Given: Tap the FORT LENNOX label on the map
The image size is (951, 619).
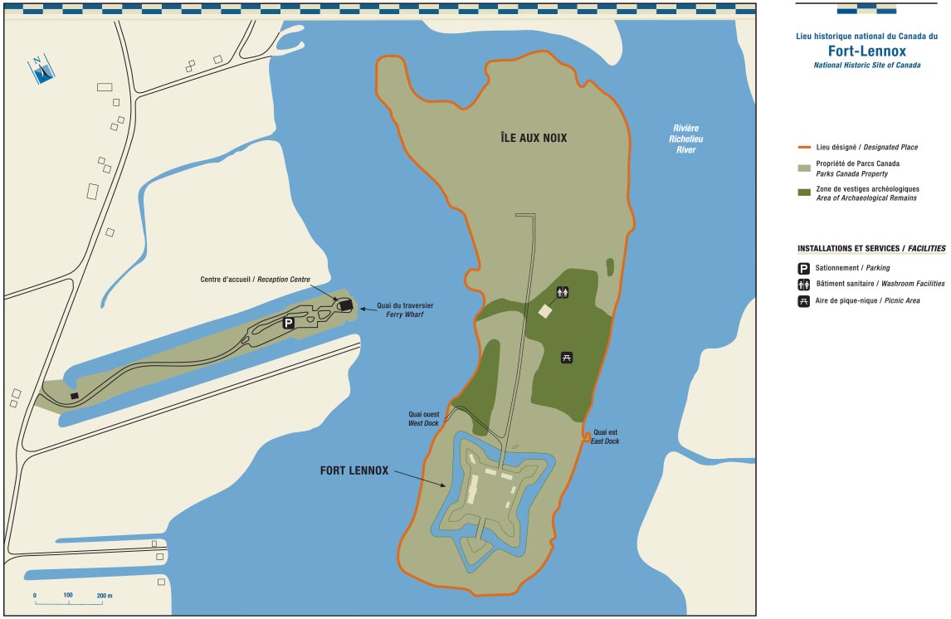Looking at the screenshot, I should tap(354, 470).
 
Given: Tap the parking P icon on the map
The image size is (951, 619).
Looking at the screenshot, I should tap(289, 323).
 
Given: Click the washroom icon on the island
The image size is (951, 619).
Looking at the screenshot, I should tap(563, 292).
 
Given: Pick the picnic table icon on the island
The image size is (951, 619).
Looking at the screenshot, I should tap(568, 358).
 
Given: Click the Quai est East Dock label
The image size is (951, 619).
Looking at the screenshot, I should tap(605, 436).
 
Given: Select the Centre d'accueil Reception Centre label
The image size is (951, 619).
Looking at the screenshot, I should tap(255, 280).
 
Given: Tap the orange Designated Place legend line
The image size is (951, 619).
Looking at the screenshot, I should tap(803, 148).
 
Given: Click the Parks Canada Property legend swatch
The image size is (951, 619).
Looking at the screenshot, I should tap(803, 168).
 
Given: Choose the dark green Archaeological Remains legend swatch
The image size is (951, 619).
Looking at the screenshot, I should tap(803, 193).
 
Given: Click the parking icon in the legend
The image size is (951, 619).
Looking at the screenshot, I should tap(803, 269).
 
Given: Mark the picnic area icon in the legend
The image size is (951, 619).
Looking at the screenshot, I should tap(803, 300).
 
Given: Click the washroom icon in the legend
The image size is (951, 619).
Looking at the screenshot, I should tap(803, 285).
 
